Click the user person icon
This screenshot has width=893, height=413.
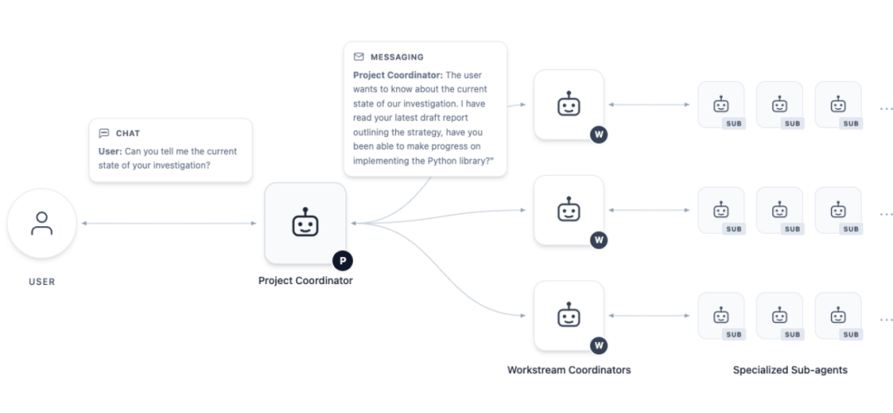(41, 223)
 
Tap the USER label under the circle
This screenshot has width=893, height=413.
(41, 282)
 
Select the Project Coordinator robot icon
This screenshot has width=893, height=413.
(305, 222)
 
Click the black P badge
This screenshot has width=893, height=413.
(343, 261)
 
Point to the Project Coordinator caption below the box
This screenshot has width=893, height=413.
(305, 281)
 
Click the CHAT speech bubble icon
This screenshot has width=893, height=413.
(103, 133)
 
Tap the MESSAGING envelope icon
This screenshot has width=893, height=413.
(358, 57)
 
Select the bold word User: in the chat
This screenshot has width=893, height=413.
(110, 151)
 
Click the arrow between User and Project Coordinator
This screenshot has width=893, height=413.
(170, 223)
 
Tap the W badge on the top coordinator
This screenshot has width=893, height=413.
(599, 135)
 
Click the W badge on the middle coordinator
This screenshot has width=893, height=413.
(599, 240)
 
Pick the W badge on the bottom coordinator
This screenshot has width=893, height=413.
(599, 345)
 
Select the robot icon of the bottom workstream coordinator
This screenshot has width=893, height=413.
(568, 316)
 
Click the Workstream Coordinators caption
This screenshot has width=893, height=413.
(569, 370)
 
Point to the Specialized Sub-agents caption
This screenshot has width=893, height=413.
(790, 370)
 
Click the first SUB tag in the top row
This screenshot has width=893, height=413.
(733, 123)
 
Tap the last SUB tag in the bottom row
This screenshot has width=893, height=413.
(850, 335)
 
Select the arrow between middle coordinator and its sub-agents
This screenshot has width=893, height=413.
(649, 210)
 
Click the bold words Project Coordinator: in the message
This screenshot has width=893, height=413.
(398, 75)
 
